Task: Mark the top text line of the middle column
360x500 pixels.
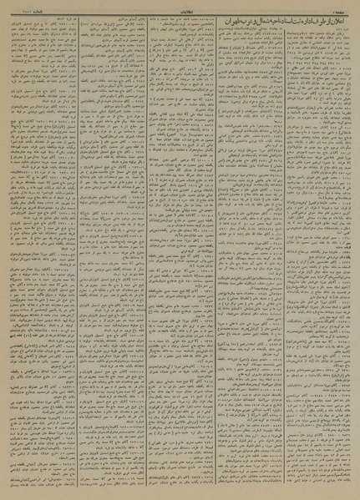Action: tap(180, 33)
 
